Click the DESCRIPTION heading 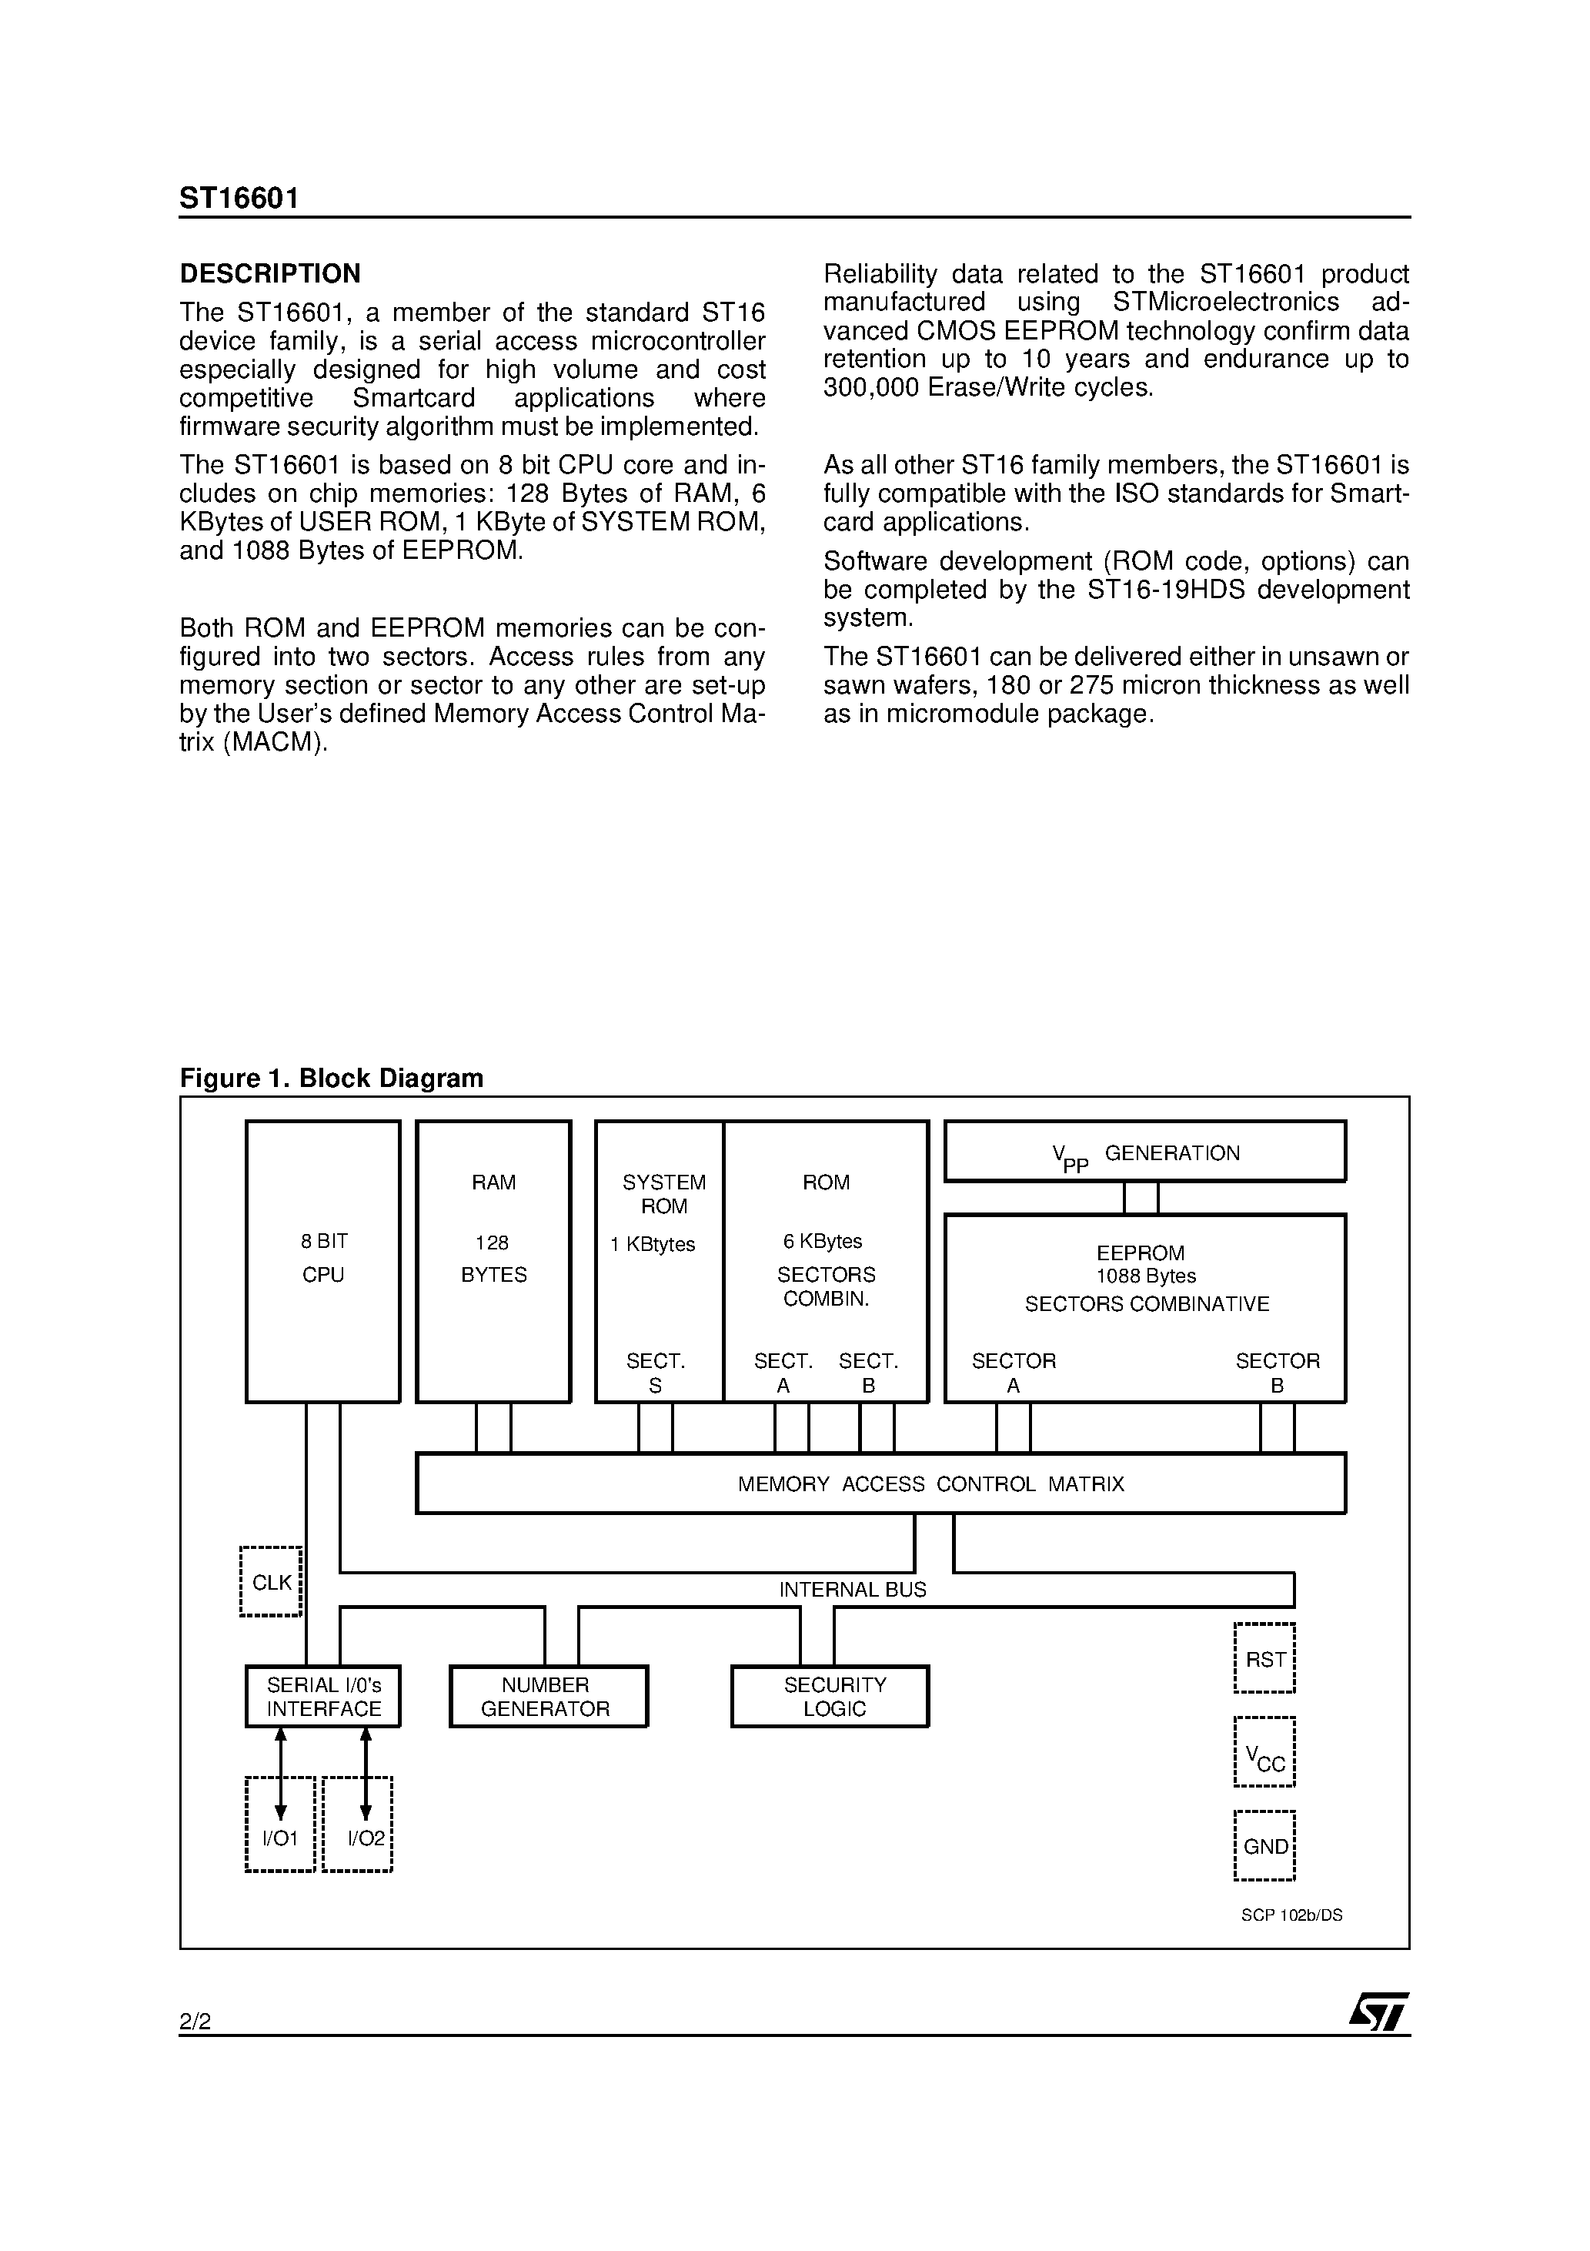pyautogui.click(x=269, y=273)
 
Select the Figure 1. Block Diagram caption pyautogui.click(x=332, y=1079)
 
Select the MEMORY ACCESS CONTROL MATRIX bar pyautogui.click(x=880, y=1483)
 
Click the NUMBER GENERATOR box pyautogui.click(x=548, y=1696)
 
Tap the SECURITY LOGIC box pyautogui.click(x=830, y=1696)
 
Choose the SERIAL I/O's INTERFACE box pyautogui.click(x=323, y=1696)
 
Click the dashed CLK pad pyautogui.click(x=271, y=1582)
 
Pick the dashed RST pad pyautogui.click(x=1264, y=1659)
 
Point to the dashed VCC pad pyautogui.click(x=1264, y=1752)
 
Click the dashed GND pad pyautogui.click(x=1264, y=1846)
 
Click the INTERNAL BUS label pyautogui.click(x=852, y=1589)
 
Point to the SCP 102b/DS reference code pyautogui.click(x=1291, y=1915)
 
